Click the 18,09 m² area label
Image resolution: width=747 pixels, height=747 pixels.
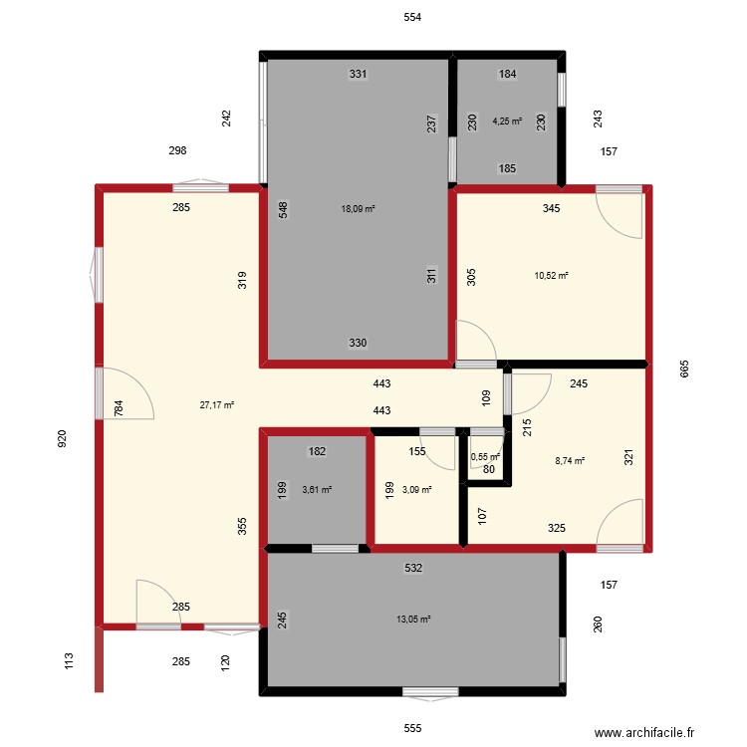point(358,209)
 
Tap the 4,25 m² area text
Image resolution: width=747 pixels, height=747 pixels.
point(507,124)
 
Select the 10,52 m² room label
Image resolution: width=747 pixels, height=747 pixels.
point(552,276)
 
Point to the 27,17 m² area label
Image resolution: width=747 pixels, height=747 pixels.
point(217,405)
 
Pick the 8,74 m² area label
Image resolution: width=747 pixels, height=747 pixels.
point(570,461)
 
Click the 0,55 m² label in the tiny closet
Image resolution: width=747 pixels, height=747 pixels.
point(485,457)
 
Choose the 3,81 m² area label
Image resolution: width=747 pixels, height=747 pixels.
point(317,490)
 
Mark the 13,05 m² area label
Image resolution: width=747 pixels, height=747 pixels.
point(413,619)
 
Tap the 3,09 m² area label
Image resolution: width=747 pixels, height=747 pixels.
point(416,490)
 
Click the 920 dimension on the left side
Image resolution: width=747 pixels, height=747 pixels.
point(62,438)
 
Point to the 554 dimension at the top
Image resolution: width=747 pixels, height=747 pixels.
point(413,18)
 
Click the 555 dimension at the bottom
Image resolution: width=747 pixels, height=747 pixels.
point(413,728)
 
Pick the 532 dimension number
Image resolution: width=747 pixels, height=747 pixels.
point(413,568)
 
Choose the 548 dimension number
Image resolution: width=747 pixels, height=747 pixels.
point(284,210)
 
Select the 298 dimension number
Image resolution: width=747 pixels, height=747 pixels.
point(178,150)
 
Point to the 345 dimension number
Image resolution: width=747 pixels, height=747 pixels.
point(551,209)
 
